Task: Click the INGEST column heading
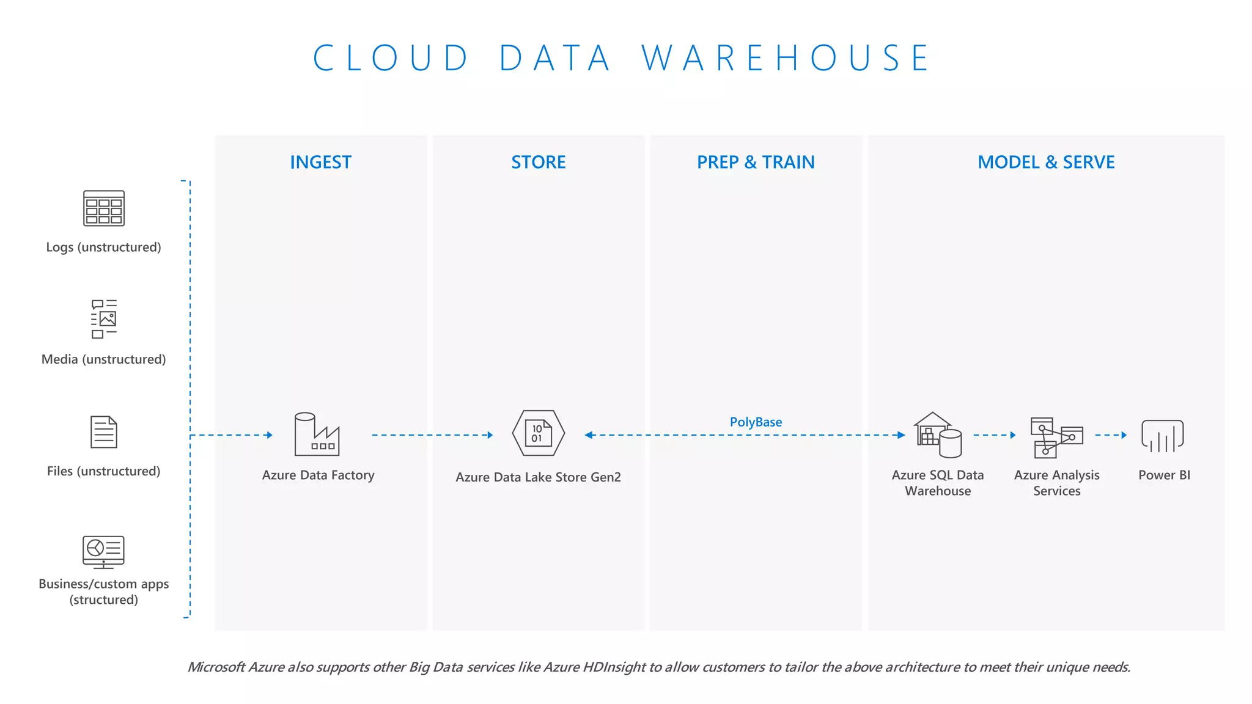(320, 162)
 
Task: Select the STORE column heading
(538, 162)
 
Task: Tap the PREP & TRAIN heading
(756, 162)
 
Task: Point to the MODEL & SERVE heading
(1046, 162)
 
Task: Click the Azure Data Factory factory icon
(317, 435)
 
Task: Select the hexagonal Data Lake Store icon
(538, 433)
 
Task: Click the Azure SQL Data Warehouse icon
(938, 435)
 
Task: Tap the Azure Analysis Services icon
(1056, 437)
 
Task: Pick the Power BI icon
(1163, 436)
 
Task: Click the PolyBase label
(756, 422)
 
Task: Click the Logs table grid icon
(104, 208)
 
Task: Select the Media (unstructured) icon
(104, 318)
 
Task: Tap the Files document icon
(104, 432)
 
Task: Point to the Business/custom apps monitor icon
(104, 552)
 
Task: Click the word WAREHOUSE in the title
(786, 59)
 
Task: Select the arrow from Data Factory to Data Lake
(432, 435)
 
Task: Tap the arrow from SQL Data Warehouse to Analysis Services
(994, 435)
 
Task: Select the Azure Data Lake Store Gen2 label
(538, 477)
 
